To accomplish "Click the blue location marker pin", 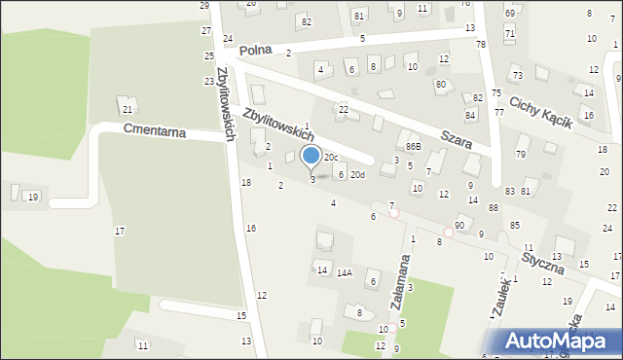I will (x=311, y=156).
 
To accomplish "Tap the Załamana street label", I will (x=401, y=285).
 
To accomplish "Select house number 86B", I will (x=414, y=146).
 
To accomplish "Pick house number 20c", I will (x=331, y=157).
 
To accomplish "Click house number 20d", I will (x=358, y=174).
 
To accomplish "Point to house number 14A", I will (x=345, y=272).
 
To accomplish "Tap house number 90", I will (x=459, y=225).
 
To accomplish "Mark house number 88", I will (x=494, y=207).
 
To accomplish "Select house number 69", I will (x=510, y=13).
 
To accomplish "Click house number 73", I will (x=517, y=75).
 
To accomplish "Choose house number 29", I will (x=204, y=6).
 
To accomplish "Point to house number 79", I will (x=521, y=154).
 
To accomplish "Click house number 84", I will (x=471, y=116).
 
